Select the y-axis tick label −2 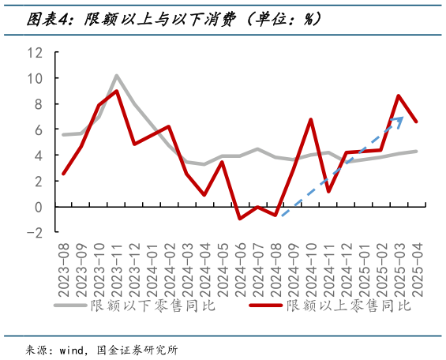[x=35, y=232]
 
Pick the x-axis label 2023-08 [x=63, y=268]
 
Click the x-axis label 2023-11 [x=117, y=268]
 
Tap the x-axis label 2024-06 [x=240, y=268]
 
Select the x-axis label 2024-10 [x=310, y=268]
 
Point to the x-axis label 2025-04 [x=416, y=268]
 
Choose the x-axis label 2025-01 [x=363, y=268]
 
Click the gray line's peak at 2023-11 [x=117, y=76]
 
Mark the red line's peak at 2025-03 [x=399, y=96]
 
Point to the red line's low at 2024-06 [x=240, y=218]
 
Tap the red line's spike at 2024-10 [x=310, y=120]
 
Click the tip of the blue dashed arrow [x=403, y=118]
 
